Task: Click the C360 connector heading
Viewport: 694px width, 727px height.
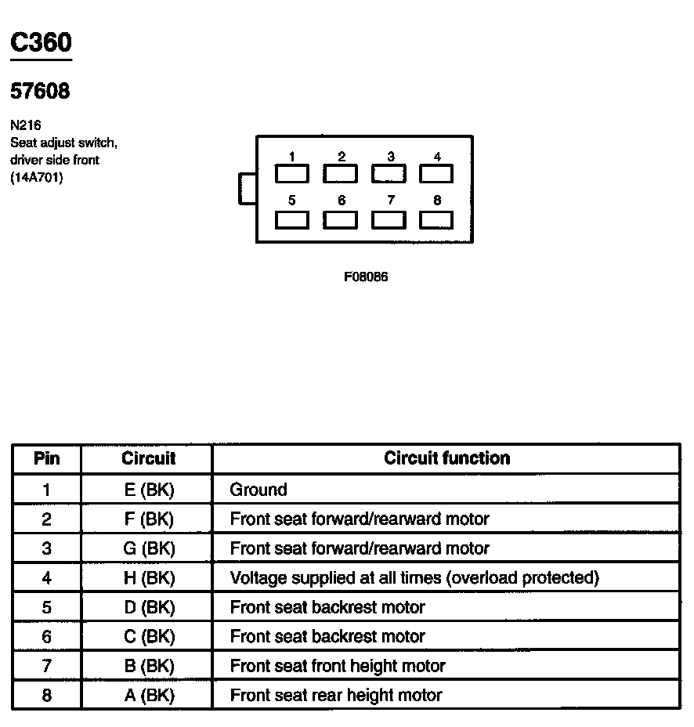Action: coord(41,43)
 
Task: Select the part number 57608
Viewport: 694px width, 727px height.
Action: coord(40,92)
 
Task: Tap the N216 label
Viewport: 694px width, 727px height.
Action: coord(26,125)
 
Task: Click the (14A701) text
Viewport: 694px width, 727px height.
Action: coord(37,178)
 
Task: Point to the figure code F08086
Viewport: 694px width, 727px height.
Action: coord(365,277)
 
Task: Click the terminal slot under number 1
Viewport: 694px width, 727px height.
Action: coord(291,173)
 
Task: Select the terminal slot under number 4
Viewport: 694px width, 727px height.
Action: coord(436,173)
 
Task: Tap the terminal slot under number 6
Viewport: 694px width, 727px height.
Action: coord(341,220)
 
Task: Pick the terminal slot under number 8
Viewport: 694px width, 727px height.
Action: coord(436,220)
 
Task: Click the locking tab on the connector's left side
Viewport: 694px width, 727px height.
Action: coord(248,190)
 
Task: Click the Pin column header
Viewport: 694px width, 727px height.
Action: coord(47,459)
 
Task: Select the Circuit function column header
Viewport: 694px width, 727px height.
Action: coord(446,459)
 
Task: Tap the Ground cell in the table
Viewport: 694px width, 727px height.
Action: coord(258,490)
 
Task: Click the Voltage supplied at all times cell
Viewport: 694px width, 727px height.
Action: coord(414,578)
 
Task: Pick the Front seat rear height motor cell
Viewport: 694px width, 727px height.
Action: coord(336,696)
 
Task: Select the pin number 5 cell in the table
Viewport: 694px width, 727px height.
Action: coord(47,608)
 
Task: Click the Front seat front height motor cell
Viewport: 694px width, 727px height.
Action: coord(338,667)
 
